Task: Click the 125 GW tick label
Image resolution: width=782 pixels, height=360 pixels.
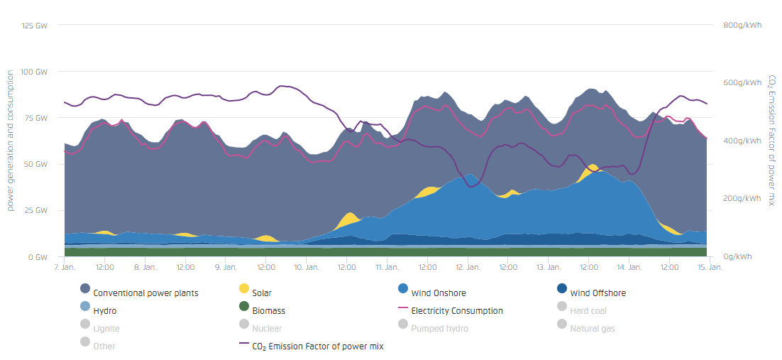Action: coord(35,26)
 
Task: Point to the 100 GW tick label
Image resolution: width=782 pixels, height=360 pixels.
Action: coord(35,72)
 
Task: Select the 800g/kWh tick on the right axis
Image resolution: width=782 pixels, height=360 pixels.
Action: coord(742,26)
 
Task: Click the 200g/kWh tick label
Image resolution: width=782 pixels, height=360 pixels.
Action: coord(742,199)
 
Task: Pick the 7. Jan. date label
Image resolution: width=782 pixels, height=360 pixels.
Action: coord(64,268)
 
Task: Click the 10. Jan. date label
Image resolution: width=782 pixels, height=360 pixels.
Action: coord(306,268)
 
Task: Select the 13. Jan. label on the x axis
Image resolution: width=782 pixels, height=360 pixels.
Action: coord(548,268)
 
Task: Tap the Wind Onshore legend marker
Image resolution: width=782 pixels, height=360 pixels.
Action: coord(404,289)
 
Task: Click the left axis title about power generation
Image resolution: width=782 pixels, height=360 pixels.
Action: coord(11,141)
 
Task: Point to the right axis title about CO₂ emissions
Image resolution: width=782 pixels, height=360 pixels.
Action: coord(771,141)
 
